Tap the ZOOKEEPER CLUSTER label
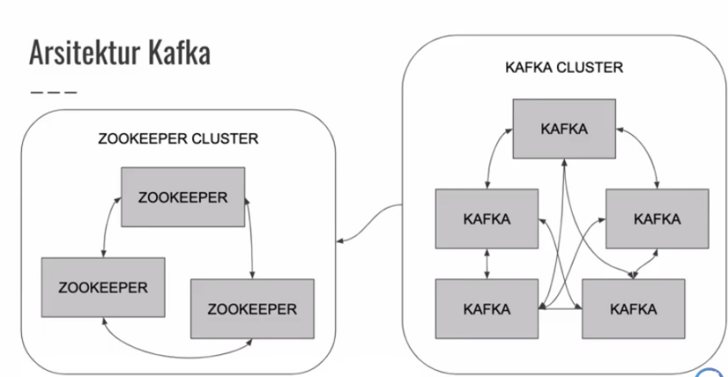tap(178, 139)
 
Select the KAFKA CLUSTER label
tap(565, 68)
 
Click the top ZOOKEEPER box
tap(182, 197)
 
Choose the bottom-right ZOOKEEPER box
tap(252, 309)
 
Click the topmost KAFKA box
tap(565, 129)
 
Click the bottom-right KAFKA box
tap(633, 309)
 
